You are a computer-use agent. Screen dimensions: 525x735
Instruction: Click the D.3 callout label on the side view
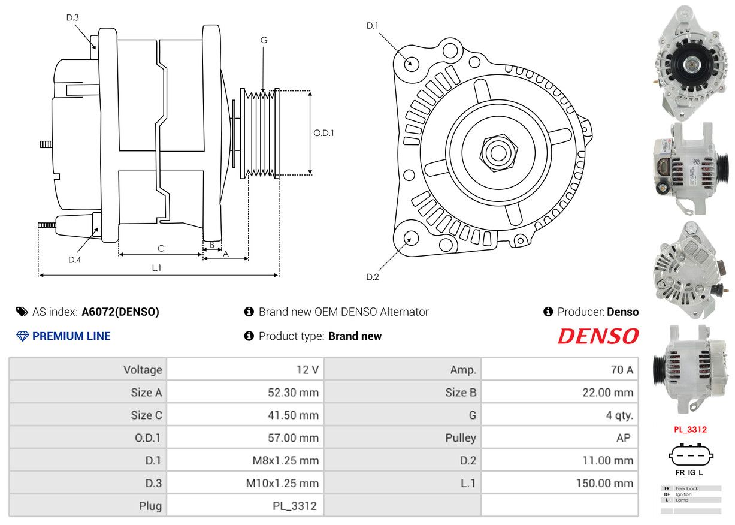point(72,18)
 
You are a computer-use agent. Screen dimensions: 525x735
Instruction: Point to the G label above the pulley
point(264,40)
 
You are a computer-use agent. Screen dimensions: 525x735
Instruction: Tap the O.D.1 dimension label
point(323,133)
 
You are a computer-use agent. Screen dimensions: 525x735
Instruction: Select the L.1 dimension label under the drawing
point(156,268)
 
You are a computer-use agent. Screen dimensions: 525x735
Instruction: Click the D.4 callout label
point(74,260)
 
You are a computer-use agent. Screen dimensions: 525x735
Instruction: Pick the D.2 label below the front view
point(373,277)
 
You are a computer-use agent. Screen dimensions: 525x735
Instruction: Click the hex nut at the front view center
point(497,152)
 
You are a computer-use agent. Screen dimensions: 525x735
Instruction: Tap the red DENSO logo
point(598,336)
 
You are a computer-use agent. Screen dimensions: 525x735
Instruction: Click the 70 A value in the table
point(621,370)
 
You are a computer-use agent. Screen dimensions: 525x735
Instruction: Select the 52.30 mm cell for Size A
point(293,393)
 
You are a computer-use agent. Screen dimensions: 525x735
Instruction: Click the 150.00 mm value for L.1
point(604,483)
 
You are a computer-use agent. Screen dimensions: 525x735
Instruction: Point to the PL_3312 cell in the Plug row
point(295,506)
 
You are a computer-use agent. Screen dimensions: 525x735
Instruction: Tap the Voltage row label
point(142,370)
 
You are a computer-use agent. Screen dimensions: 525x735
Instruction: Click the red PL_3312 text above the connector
point(690,430)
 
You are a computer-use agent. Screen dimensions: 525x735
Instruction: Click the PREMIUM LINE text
point(71,336)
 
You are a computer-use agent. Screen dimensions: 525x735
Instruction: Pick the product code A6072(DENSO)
point(120,312)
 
